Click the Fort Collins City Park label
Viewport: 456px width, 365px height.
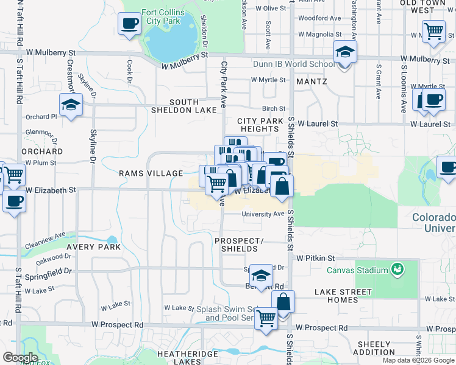point(163,16)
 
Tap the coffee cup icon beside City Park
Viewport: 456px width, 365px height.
point(129,24)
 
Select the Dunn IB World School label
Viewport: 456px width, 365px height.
point(293,64)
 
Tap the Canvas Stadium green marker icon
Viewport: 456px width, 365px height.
point(398,269)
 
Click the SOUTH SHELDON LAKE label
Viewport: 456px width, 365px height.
point(184,106)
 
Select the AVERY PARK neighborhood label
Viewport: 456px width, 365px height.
point(94,247)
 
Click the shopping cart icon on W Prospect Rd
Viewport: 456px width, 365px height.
point(266,317)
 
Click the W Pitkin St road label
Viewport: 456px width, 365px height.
point(316,258)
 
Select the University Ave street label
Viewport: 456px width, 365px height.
point(263,214)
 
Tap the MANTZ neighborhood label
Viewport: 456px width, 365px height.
point(312,81)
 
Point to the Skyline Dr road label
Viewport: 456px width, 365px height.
point(93,145)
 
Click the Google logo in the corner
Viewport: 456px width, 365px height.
point(20,358)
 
